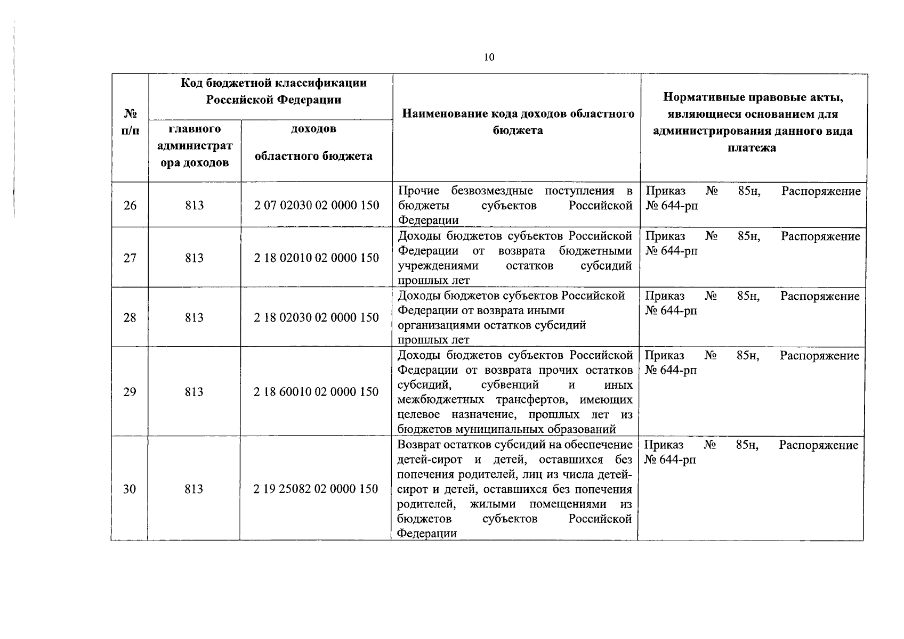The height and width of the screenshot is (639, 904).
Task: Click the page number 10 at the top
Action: pos(489,58)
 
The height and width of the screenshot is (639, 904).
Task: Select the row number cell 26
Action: pos(130,206)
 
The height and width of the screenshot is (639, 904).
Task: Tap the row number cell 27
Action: pos(130,258)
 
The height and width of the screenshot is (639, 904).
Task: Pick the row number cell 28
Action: pos(130,318)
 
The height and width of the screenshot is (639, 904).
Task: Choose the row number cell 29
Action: pos(130,392)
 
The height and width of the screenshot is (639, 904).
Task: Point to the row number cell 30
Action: pos(130,489)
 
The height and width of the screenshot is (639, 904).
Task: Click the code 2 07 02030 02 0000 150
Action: pos(317,206)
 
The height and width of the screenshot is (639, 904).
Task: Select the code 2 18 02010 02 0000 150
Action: pos(317,258)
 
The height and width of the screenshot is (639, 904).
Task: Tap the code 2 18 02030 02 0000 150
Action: pos(317,318)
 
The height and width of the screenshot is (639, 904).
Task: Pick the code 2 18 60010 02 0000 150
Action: pos(317,392)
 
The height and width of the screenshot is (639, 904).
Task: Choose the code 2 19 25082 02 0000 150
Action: pos(316,489)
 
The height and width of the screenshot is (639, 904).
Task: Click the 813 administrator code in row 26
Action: pos(195,206)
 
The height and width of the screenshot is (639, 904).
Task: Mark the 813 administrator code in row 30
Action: pos(194,489)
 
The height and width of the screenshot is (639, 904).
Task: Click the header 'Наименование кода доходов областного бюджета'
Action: pos(518,122)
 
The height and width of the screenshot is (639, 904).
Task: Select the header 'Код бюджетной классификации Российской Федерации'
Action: pos(274,91)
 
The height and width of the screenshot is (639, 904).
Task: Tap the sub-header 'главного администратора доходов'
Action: pos(195,146)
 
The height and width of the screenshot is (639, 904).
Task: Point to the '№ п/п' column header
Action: pos(130,122)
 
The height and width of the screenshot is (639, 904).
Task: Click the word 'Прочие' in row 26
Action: pos(418,191)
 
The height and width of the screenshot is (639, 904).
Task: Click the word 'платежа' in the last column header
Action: pos(752,148)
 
